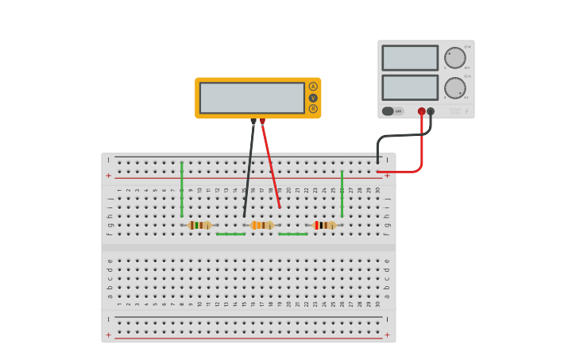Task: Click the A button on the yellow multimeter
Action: point(313,87)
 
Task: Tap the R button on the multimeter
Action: point(313,109)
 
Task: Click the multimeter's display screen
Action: point(252,98)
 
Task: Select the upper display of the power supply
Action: point(410,58)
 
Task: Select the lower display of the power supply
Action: point(410,87)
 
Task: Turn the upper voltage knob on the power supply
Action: point(455,58)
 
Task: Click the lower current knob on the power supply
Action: point(455,87)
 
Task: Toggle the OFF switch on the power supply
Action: point(392,111)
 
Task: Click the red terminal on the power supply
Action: point(422,112)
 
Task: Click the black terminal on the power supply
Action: point(431,112)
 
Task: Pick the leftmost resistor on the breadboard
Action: point(199,225)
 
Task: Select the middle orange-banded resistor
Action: point(261,225)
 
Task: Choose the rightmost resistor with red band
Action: point(324,225)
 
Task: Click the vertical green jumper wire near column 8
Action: point(182,189)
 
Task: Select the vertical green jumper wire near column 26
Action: point(342,193)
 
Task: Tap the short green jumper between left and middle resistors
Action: point(230,234)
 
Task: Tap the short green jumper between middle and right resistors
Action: point(292,234)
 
